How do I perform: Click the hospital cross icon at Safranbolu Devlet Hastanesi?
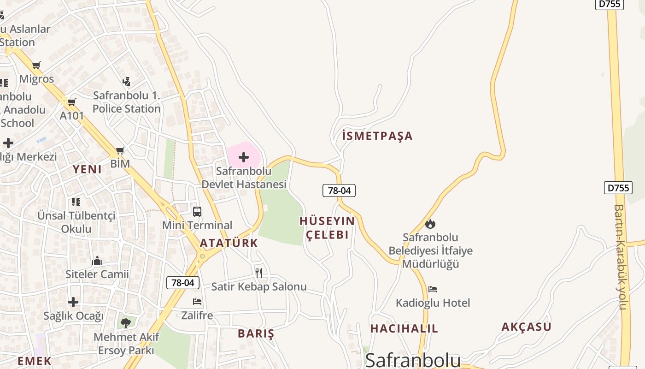click(x=244, y=158)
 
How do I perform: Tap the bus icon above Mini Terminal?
click(x=197, y=212)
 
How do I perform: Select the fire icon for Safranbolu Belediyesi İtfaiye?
click(x=430, y=224)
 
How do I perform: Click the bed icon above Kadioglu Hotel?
click(x=432, y=289)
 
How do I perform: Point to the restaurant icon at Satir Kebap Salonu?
click(x=259, y=273)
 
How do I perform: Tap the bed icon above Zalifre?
click(x=197, y=302)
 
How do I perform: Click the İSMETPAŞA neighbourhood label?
click(x=377, y=136)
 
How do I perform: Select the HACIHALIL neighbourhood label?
click(x=404, y=329)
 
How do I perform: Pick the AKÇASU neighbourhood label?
click(x=526, y=327)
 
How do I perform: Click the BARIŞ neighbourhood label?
click(x=256, y=333)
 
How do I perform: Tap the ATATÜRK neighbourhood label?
click(x=229, y=243)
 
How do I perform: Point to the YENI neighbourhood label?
click(x=87, y=169)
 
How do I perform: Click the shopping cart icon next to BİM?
click(x=120, y=150)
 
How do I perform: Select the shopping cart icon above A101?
click(x=71, y=102)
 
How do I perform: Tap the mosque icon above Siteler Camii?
click(x=97, y=261)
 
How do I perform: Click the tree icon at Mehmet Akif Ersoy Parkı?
click(x=125, y=322)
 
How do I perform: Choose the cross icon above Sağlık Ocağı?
click(x=73, y=302)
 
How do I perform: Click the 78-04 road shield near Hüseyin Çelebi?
click(x=339, y=190)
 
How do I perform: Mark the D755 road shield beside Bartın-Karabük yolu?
click(x=618, y=188)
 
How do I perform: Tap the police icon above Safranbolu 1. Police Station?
click(x=126, y=82)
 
